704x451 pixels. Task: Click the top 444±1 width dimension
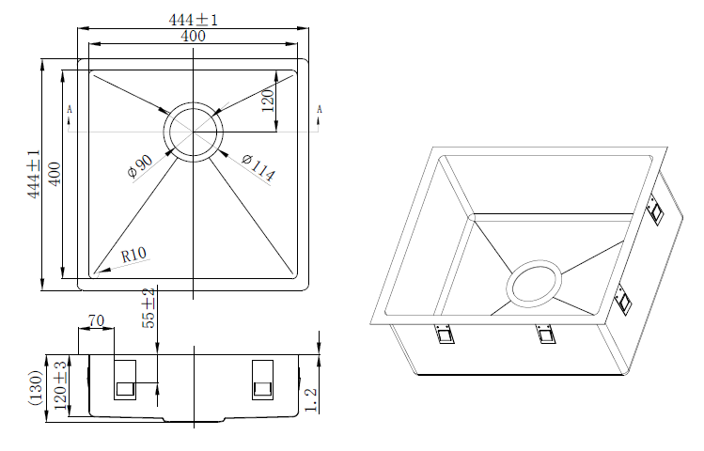194,20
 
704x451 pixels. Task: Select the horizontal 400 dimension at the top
193,36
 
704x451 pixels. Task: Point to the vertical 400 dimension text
54,174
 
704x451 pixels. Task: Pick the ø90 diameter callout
139,166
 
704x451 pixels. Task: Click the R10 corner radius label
133,255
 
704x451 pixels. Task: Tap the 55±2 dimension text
149,306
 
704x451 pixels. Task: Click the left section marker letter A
70,111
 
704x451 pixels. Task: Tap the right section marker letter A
320,111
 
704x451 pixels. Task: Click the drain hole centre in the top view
193,130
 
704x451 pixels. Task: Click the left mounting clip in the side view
124,381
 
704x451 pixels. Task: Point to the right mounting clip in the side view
262,381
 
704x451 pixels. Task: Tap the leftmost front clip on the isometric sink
444,334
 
